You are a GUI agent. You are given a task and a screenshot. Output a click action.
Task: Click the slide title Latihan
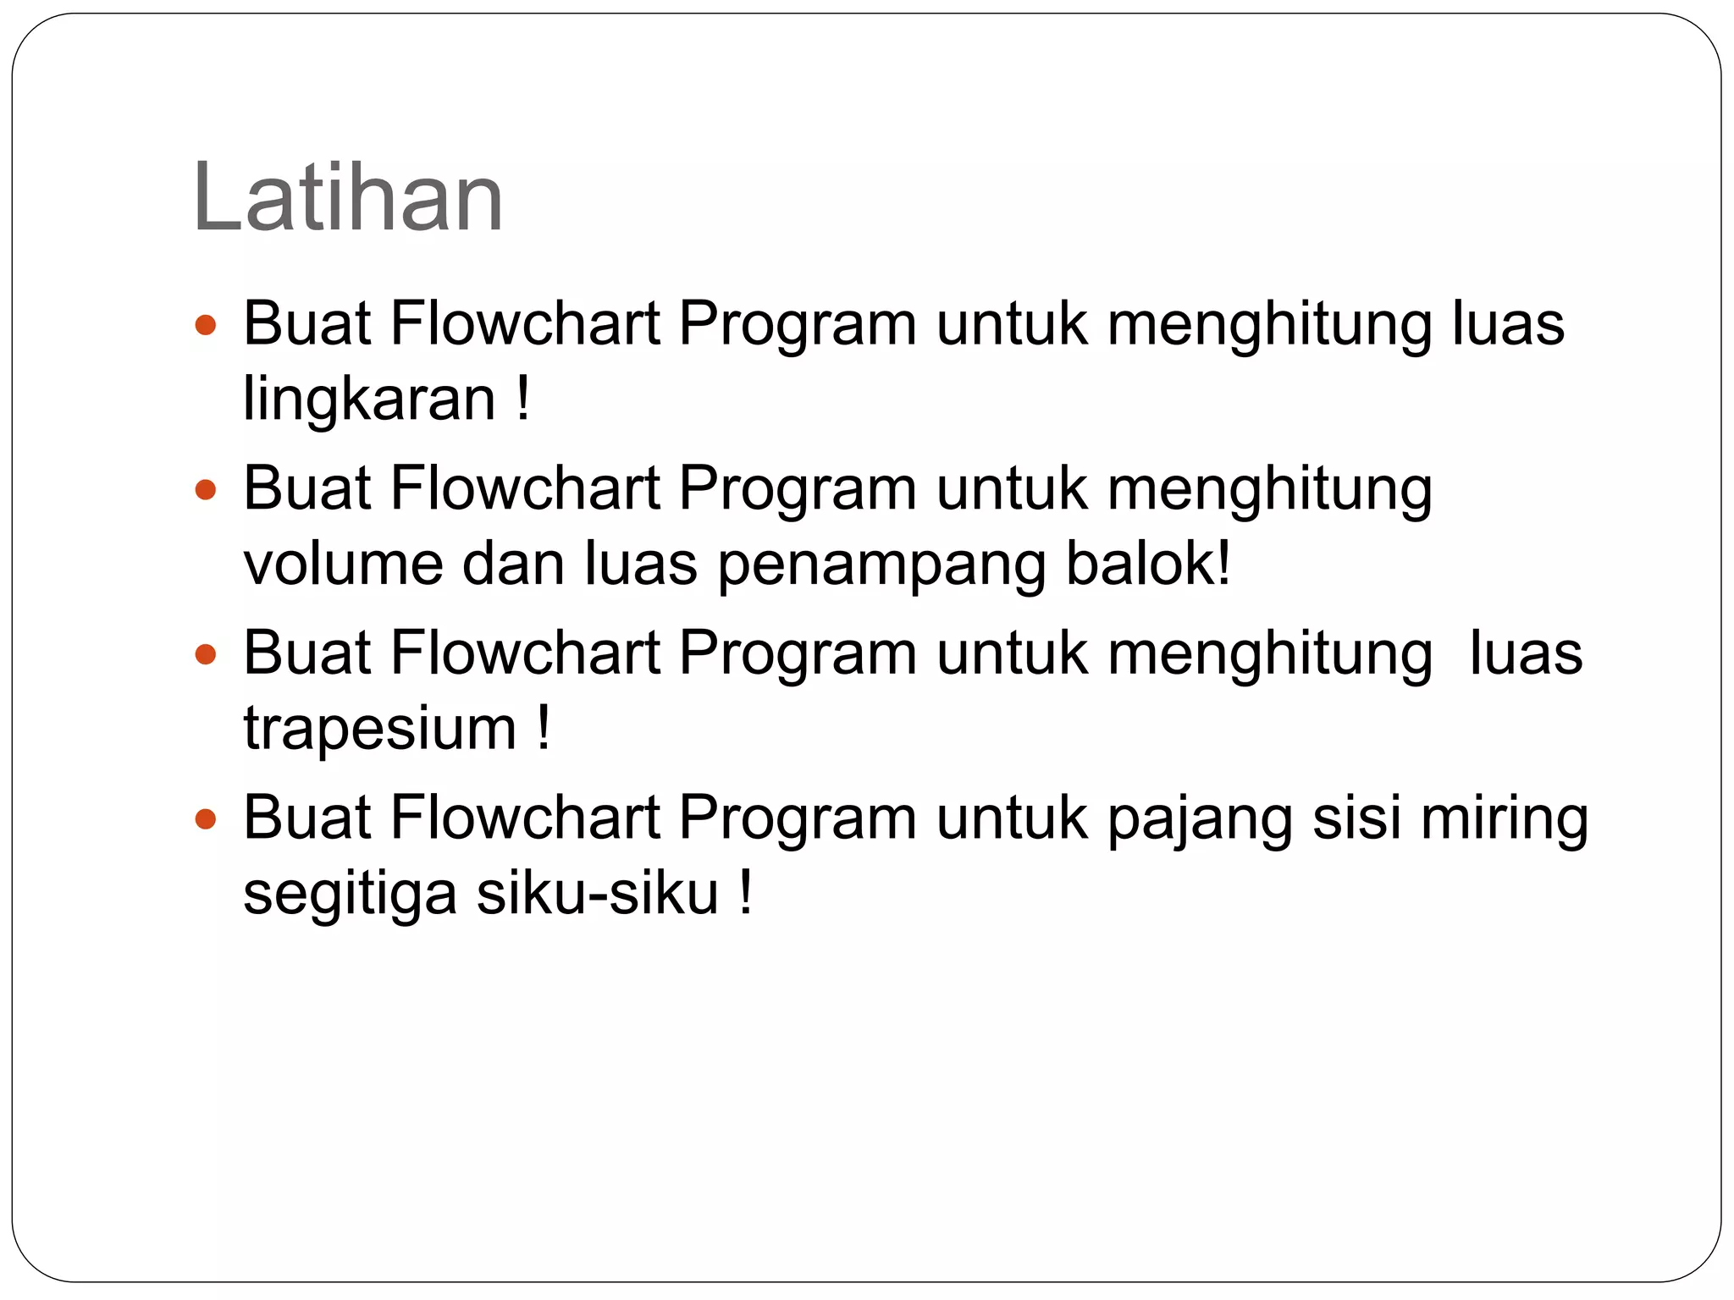[x=348, y=198]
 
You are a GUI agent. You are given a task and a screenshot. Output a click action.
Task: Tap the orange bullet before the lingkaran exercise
[x=206, y=325]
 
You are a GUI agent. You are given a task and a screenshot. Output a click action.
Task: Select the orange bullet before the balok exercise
[x=206, y=489]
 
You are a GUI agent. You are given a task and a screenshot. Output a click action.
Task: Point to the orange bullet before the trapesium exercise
[x=206, y=654]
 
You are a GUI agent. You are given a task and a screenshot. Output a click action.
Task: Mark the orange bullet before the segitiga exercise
[x=206, y=818]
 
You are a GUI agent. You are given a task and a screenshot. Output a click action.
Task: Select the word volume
[x=343, y=565]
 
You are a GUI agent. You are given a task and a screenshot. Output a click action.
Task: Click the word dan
[x=513, y=564]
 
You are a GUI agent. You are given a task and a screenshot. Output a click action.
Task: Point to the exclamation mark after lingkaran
[x=522, y=399]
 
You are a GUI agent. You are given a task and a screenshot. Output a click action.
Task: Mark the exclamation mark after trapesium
[x=543, y=728]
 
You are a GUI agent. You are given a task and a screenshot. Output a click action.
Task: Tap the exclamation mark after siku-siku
[x=745, y=893]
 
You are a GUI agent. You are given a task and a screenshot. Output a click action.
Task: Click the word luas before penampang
[x=641, y=564]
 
